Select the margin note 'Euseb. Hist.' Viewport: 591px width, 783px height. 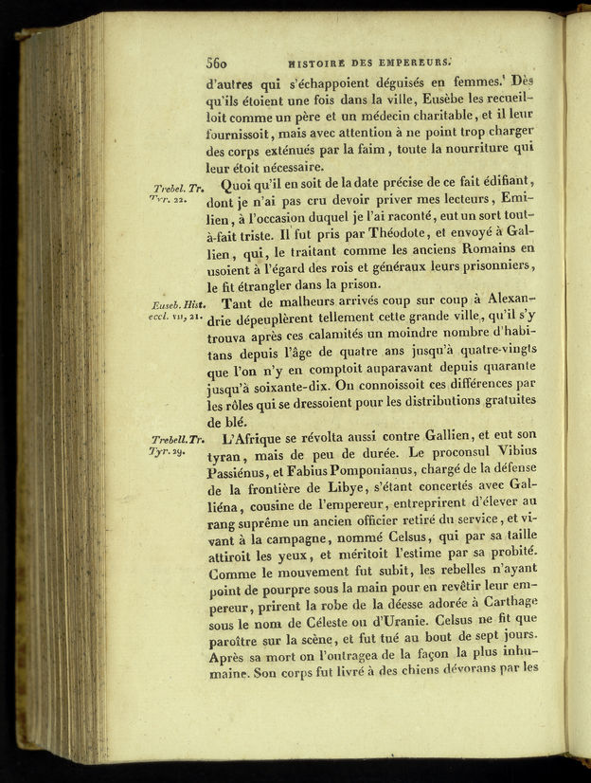[177, 305]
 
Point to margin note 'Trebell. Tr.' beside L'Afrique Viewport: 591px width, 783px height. [177, 439]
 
